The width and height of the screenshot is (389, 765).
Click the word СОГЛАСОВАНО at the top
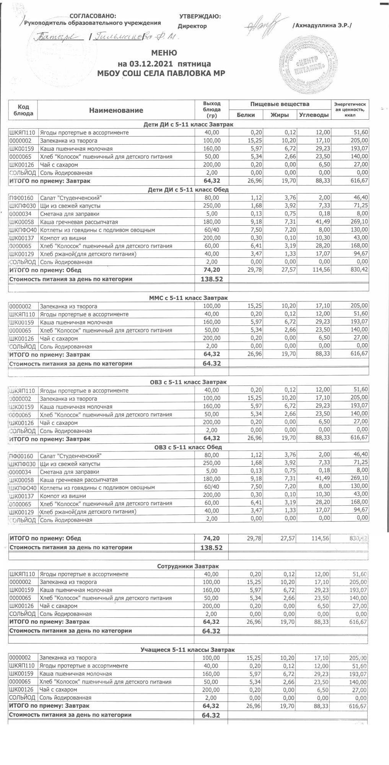(x=93, y=16)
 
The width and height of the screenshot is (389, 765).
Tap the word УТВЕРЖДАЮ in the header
(x=200, y=16)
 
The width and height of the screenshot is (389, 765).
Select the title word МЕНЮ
(x=164, y=53)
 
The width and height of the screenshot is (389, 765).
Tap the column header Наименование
(x=116, y=111)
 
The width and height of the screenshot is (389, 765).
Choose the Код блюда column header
(x=23, y=110)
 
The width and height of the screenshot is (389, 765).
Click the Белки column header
(x=246, y=115)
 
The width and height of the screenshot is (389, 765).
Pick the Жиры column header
(x=279, y=115)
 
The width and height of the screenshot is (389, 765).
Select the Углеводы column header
(x=313, y=115)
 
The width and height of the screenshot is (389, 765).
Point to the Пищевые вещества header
(x=280, y=104)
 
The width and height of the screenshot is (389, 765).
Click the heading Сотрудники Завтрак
(x=188, y=566)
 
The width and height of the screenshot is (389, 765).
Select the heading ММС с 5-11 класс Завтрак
(x=188, y=298)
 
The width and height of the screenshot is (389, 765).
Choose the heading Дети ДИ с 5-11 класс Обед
(x=188, y=189)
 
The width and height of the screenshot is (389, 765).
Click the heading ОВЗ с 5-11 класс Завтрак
(x=188, y=382)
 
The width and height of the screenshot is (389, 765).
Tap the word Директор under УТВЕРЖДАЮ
(x=192, y=26)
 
